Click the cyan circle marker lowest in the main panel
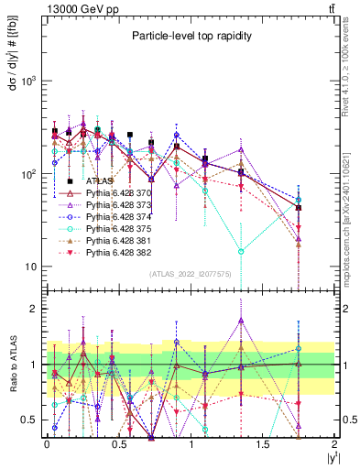coord(241,251)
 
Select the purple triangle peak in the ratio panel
coord(241,321)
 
